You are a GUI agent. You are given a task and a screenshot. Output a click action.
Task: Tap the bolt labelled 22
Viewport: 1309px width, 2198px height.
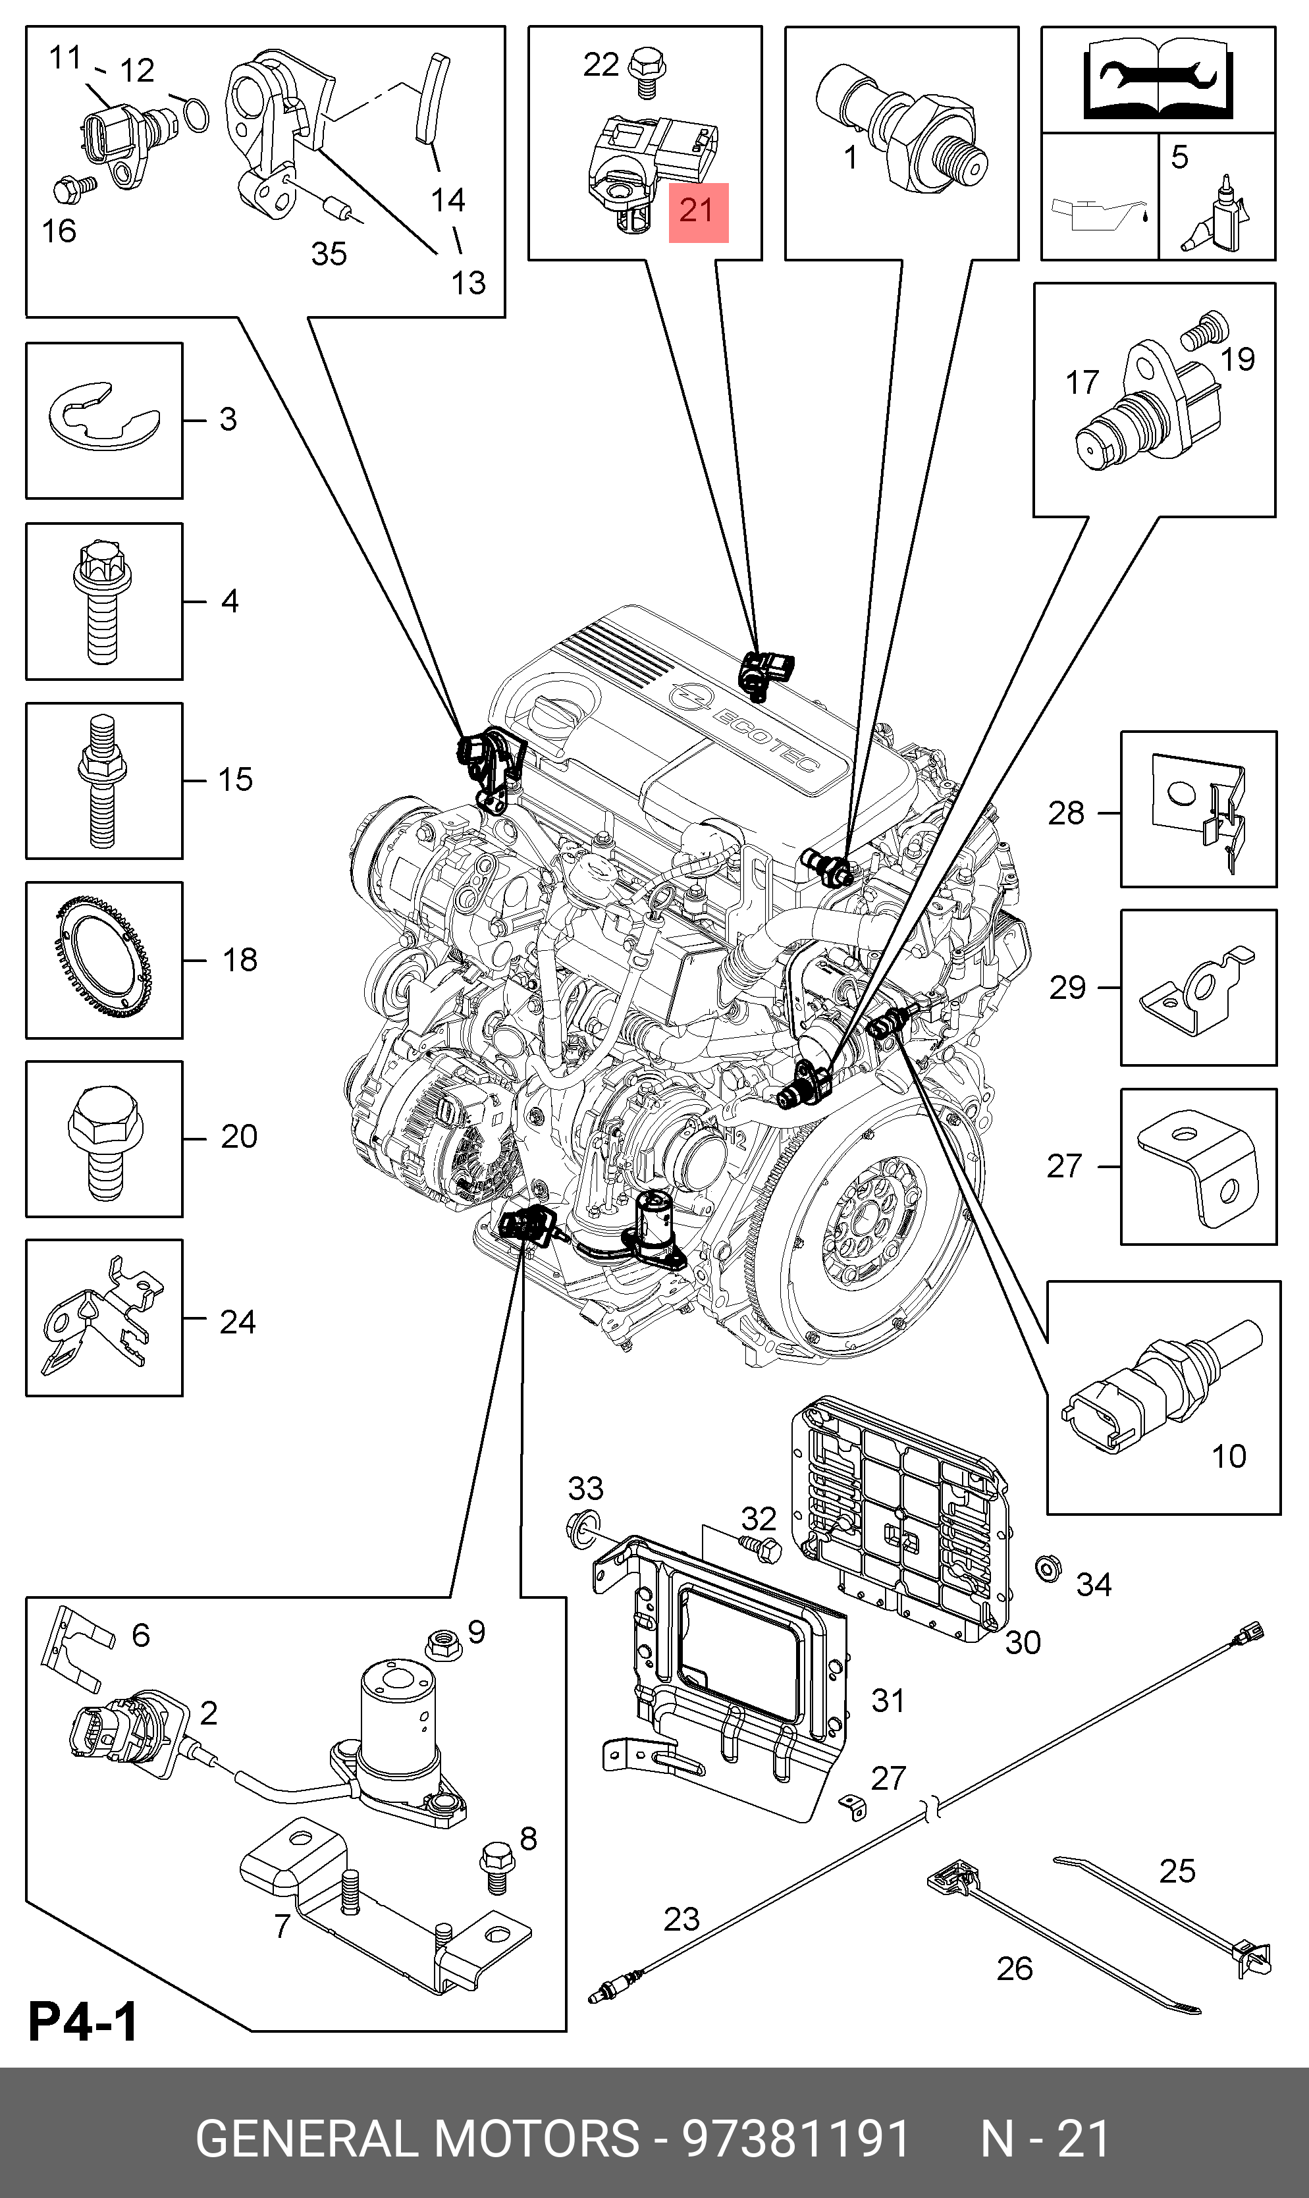pos(647,72)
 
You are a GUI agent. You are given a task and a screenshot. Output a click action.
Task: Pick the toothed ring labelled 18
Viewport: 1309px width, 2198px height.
pos(103,959)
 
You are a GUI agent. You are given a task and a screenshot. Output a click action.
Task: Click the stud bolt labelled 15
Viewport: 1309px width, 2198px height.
pos(101,780)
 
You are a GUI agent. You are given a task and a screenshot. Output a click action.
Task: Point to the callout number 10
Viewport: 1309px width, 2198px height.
pos(1228,1455)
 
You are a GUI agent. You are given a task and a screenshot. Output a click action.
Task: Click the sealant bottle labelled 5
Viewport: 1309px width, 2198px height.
pos(1218,216)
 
